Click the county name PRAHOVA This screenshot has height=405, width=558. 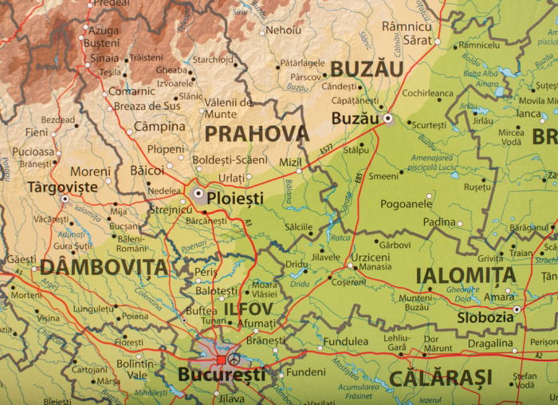(255, 133)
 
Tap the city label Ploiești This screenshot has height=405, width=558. (236, 196)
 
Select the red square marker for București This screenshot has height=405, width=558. (221, 360)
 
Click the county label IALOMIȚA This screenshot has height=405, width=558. (466, 276)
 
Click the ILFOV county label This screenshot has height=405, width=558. (248, 308)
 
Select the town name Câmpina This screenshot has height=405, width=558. (159, 126)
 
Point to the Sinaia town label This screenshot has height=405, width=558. (104, 57)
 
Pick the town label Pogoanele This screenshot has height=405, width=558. (406, 204)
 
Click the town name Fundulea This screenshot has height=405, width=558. (345, 341)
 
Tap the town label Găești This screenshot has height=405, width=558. (21, 260)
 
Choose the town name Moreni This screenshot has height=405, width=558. (90, 171)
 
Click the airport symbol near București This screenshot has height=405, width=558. (234, 360)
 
